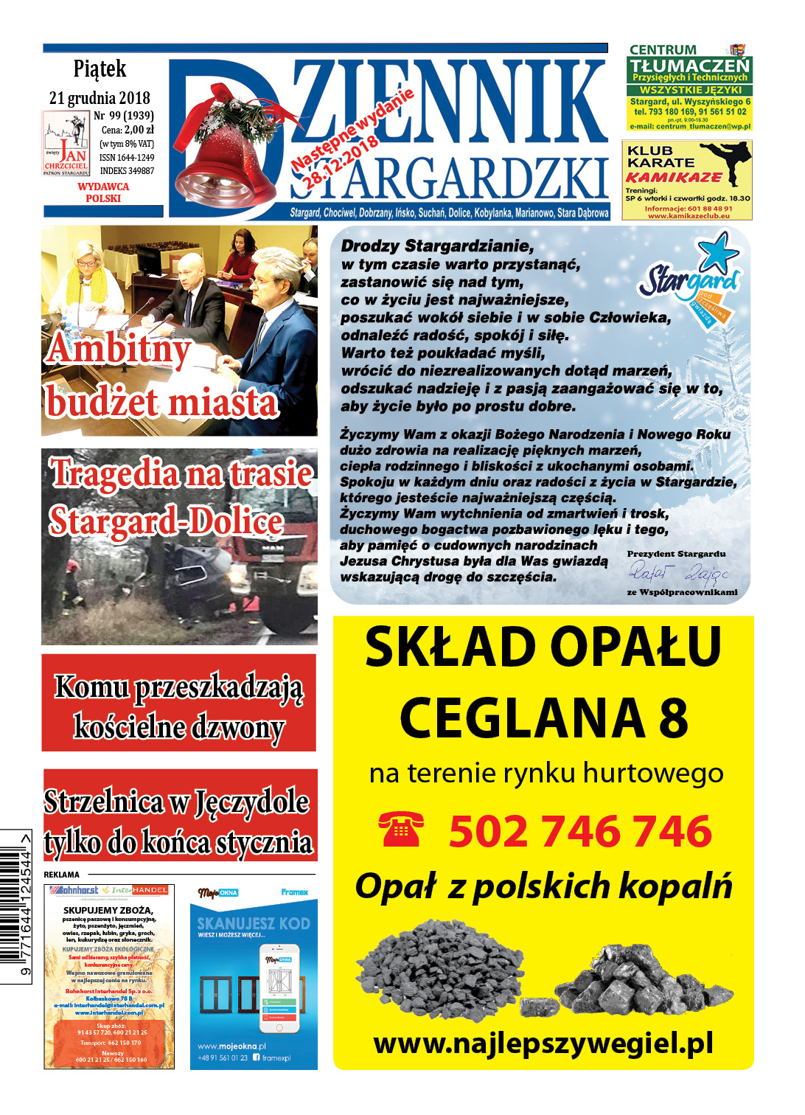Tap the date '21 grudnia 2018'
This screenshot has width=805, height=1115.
tap(100, 98)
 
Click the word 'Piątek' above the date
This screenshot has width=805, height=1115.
tap(100, 69)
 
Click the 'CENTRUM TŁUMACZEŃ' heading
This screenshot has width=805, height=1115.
tap(689, 59)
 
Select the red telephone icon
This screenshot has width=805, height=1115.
tap(401, 829)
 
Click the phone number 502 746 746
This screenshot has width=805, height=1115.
tap(580, 831)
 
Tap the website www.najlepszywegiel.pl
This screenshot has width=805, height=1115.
tap(543, 1043)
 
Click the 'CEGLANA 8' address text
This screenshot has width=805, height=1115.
tap(543, 718)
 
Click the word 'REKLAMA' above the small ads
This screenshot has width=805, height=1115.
tap(62, 875)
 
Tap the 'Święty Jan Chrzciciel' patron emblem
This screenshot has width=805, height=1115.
tap(66, 143)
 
